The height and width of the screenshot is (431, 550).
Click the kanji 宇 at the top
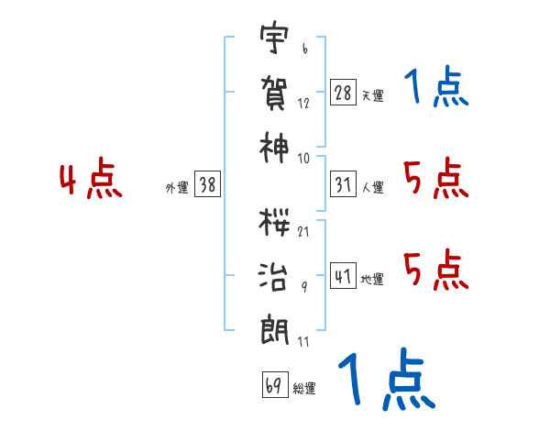(x=274, y=37)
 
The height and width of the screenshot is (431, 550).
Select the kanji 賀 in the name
(x=274, y=94)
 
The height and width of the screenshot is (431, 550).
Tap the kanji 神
(x=274, y=148)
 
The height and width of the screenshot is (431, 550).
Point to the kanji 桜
(x=274, y=223)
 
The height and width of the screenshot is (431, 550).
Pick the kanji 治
(x=273, y=277)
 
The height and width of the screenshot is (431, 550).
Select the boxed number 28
(x=343, y=93)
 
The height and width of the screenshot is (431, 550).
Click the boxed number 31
(x=343, y=184)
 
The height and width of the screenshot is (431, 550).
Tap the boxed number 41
(x=343, y=275)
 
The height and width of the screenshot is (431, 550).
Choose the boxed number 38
(x=207, y=183)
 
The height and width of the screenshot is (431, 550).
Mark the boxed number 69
(x=275, y=384)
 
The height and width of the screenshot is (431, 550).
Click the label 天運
(x=372, y=95)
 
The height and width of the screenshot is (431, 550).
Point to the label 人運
(x=372, y=187)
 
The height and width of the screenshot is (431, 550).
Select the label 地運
(x=372, y=279)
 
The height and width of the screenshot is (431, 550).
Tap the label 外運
(x=177, y=187)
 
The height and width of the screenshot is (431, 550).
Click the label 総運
(x=304, y=388)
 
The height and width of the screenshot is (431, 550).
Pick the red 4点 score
(x=91, y=177)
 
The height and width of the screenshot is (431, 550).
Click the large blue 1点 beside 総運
(x=387, y=379)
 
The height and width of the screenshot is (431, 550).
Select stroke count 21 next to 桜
(x=303, y=232)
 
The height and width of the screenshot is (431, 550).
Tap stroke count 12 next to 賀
(x=303, y=103)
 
